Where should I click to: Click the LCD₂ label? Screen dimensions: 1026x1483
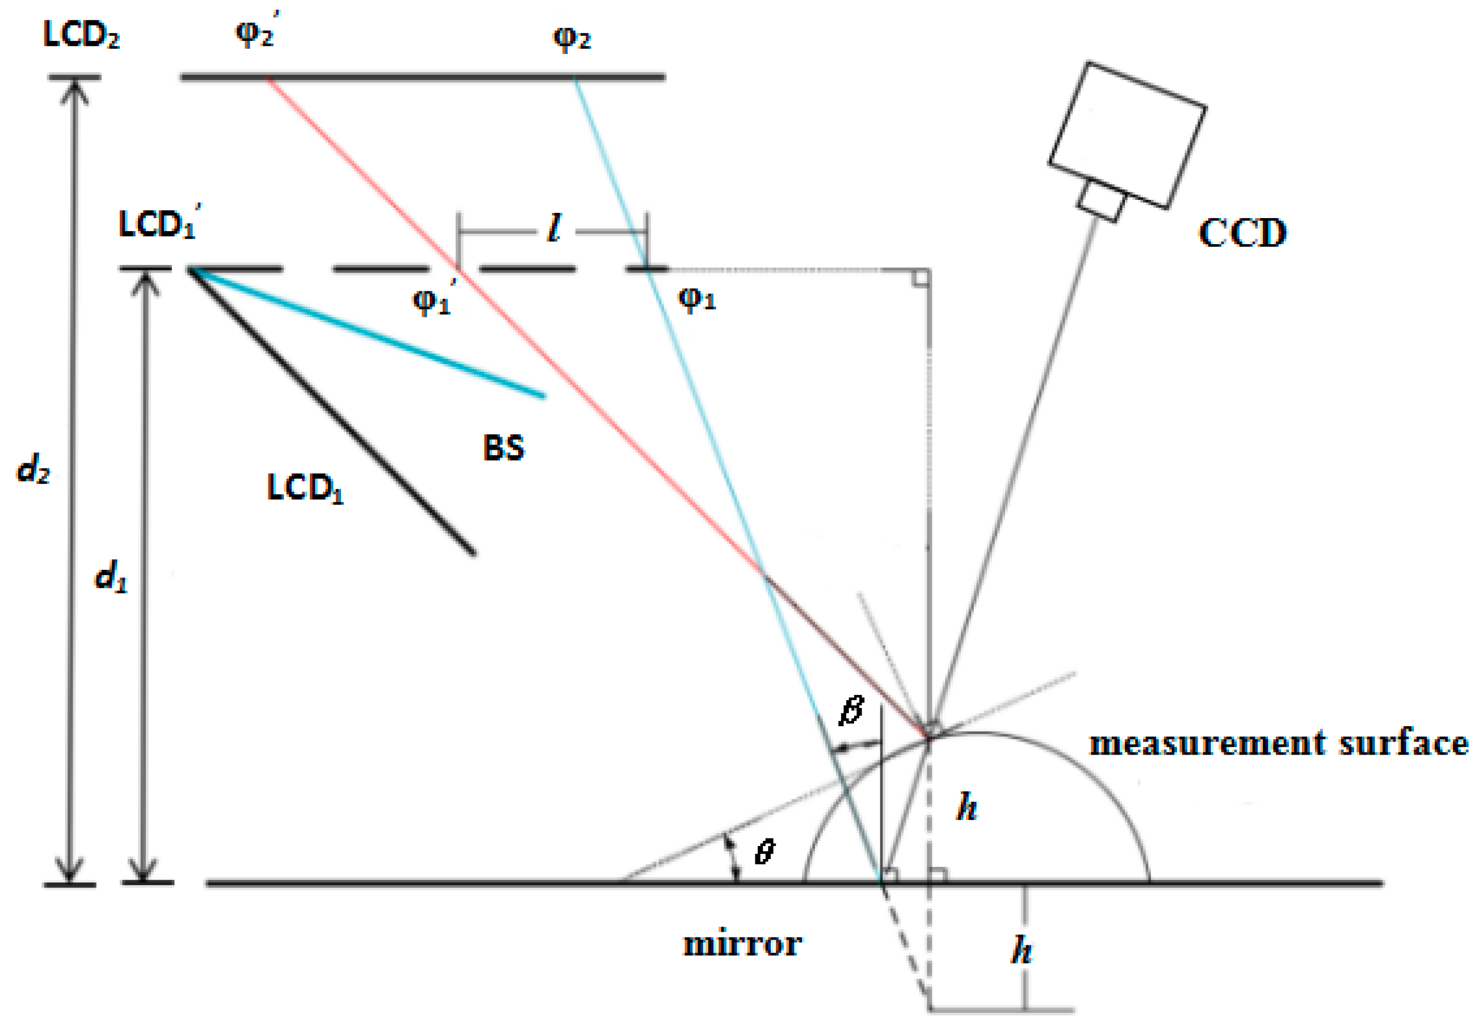click(81, 35)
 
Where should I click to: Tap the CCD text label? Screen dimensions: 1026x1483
click(1242, 233)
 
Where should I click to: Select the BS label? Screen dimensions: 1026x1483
click(503, 447)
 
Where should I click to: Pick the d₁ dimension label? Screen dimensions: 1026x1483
click(111, 575)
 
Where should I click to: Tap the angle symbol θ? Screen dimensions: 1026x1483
click(764, 852)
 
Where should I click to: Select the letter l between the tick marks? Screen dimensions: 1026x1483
click(554, 228)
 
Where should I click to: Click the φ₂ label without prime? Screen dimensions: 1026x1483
click(571, 39)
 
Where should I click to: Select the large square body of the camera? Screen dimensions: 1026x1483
click(1127, 135)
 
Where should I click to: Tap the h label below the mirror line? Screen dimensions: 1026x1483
click(1022, 950)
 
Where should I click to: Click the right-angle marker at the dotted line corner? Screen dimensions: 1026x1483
click(920, 278)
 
